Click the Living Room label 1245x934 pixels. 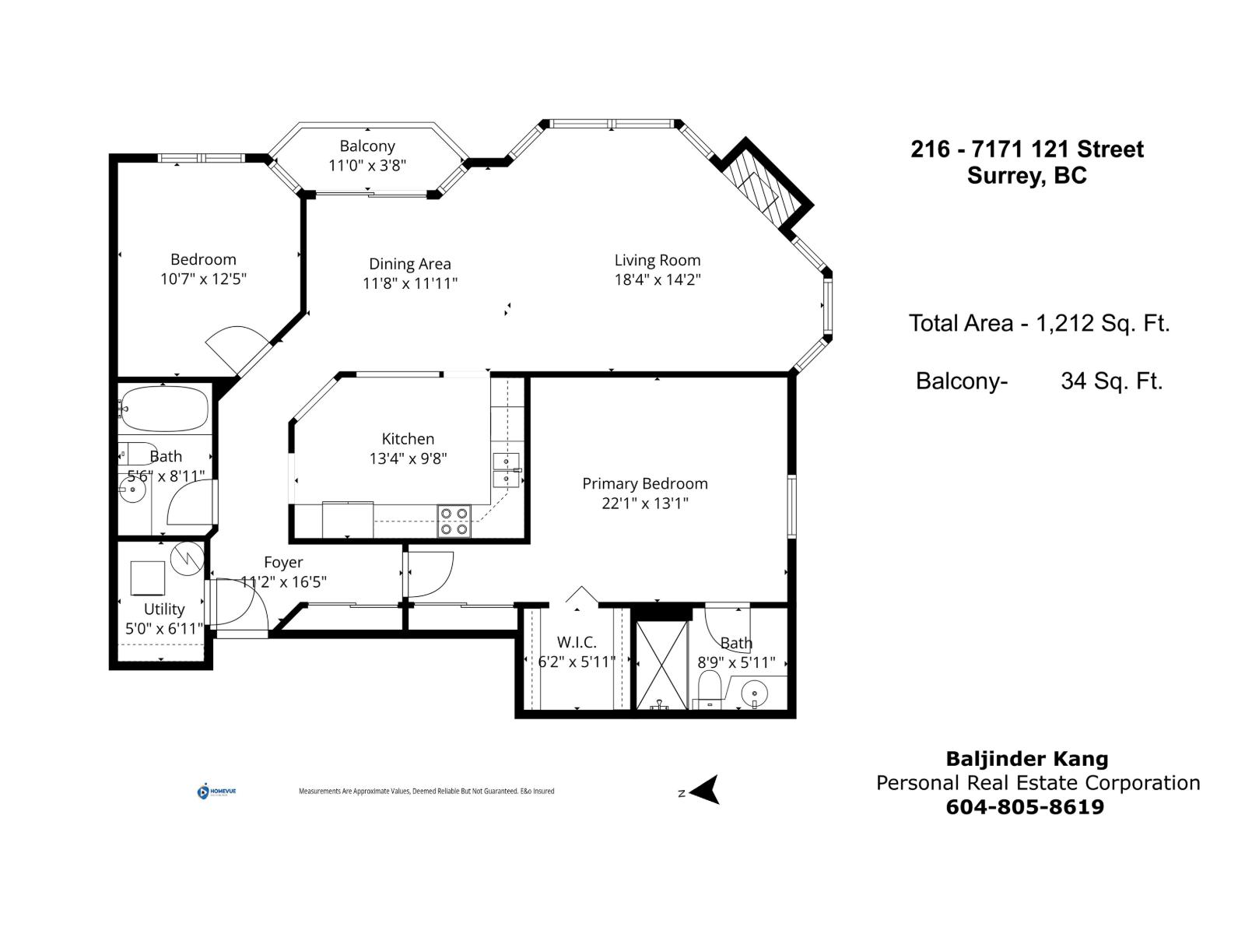657,260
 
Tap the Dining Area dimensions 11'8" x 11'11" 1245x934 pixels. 409,283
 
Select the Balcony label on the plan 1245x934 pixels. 367,146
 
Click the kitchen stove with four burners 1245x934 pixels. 454,521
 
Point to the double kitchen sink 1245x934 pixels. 506,470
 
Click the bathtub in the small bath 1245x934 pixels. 164,409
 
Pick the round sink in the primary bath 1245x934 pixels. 754,692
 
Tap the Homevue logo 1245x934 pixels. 216,792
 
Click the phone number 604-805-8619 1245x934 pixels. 1024,806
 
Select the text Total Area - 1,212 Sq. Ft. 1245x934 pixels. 1039,323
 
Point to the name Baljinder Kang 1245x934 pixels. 1026,759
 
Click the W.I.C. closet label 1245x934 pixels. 577,642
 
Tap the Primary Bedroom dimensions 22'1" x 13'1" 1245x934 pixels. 644,503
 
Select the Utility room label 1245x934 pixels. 164,609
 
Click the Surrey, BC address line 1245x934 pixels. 1026,175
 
